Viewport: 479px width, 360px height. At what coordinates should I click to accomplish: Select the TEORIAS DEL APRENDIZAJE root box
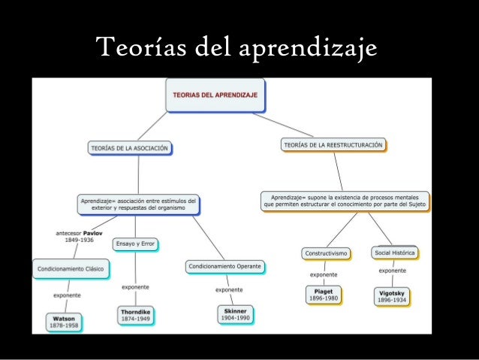[x=215, y=96]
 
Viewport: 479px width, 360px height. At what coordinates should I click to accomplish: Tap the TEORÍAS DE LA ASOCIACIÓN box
[x=128, y=148]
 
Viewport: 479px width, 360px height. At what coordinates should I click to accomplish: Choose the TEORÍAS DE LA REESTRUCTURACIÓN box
[x=333, y=144]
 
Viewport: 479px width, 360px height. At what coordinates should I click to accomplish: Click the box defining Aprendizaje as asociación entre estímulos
[x=138, y=204]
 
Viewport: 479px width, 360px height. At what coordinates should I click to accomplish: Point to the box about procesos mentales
[x=345, y=201]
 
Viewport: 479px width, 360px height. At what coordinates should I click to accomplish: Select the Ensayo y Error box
[x=136, y=244]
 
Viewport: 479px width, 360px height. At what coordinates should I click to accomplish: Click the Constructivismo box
[x=326, y=253]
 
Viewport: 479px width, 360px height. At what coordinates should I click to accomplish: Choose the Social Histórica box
[x=394, y=253]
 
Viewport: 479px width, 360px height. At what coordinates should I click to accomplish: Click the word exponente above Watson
[x=66, y=295]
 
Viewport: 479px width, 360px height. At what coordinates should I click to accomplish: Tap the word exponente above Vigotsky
[x=393, y=271]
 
